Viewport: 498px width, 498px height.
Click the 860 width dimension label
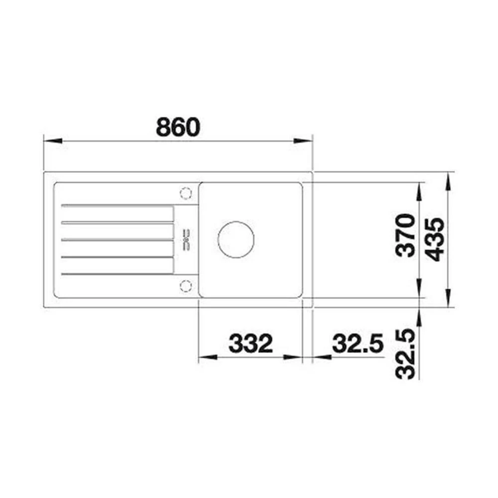[x=178, y=127]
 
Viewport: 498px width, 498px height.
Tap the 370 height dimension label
[x=405, y=236]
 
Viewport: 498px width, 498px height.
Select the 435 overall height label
[x=434, y=239]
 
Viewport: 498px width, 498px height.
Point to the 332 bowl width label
[x=251, y=343]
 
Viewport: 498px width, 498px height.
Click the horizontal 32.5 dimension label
[x=358, y=343]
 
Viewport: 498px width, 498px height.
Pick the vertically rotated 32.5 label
[x=405, y=354]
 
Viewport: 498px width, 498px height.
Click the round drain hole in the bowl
[x=236, y=239]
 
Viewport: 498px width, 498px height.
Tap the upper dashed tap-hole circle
[x=186, y=193]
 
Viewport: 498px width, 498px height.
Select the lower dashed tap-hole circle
[x=186, y=286]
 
